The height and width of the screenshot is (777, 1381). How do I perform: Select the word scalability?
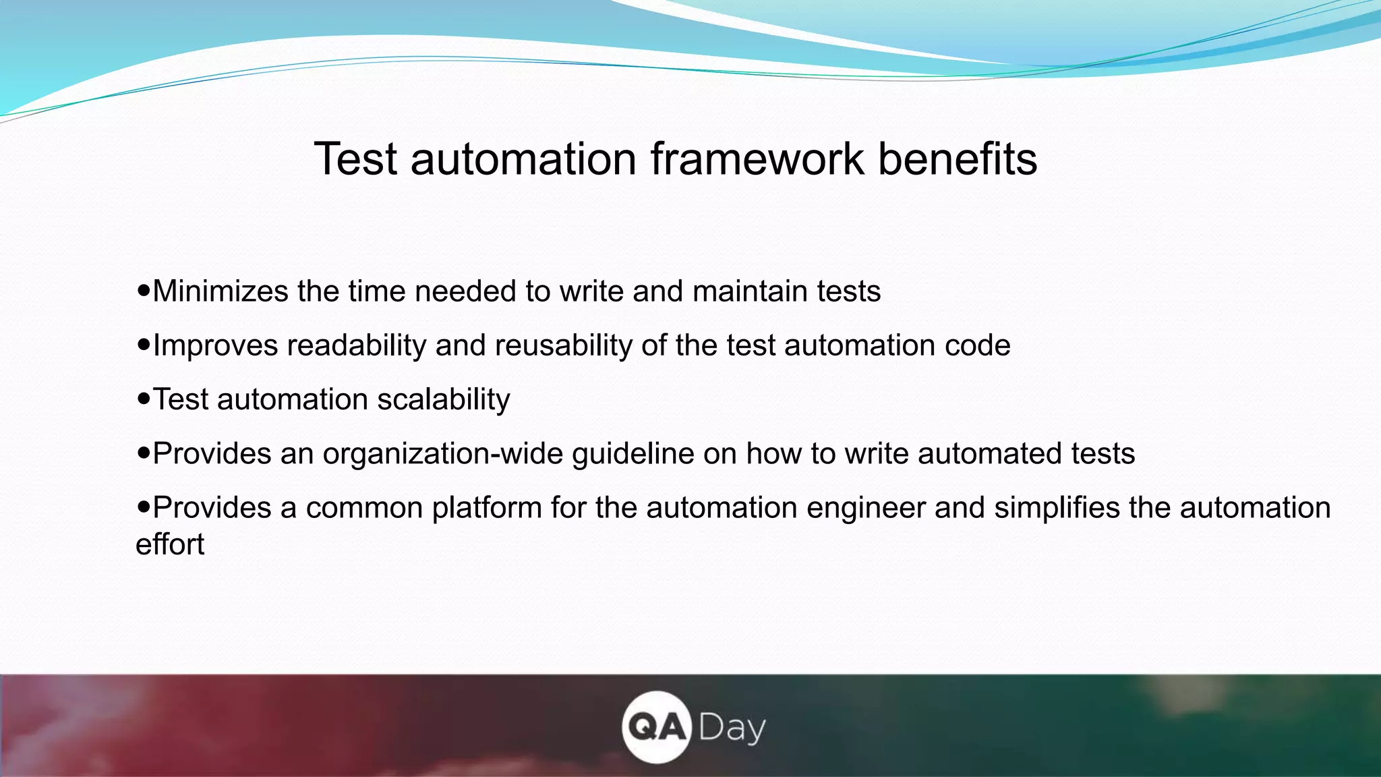coord(443,399)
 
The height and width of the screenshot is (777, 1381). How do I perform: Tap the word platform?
coord(487,507)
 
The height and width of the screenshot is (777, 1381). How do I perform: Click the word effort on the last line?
coord(169,544)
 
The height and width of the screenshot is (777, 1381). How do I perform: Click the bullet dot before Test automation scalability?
coord(143,399)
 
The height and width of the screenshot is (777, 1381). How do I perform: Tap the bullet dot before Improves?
coord(143,345)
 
